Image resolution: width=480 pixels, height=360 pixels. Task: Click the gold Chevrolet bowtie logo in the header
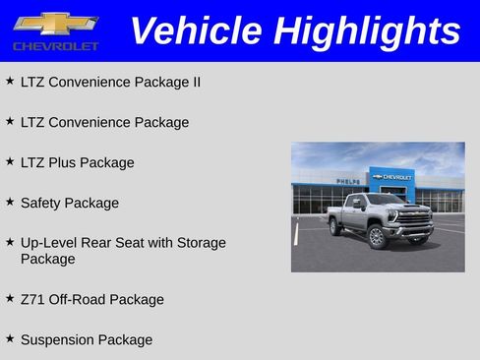tap(55, 24)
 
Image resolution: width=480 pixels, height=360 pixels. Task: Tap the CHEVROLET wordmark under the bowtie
tap(56, 46)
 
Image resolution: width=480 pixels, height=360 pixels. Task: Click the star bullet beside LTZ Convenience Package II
tap(10, 81)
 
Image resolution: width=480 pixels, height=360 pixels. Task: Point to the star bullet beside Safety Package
tap(10, 202)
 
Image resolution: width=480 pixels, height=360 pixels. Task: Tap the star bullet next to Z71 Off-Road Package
tap(10, 298)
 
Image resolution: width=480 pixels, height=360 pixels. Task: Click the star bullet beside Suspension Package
tap(10, 338)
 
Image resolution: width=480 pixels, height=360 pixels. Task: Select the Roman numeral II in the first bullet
tap(195, 82)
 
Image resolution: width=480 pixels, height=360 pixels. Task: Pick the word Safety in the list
tap(41, 203)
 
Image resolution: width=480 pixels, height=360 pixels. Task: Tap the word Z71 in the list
tap(31, 299)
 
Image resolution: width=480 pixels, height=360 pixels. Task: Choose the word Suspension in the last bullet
tap(57, 339)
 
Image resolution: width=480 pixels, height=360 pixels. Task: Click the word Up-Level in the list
tap(47, 242)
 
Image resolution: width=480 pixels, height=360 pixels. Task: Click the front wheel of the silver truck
tap(377, 237)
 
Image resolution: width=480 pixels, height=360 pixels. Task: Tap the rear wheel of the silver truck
tap(336, 226)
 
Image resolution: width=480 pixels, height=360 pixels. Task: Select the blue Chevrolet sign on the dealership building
tap(392, 178)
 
